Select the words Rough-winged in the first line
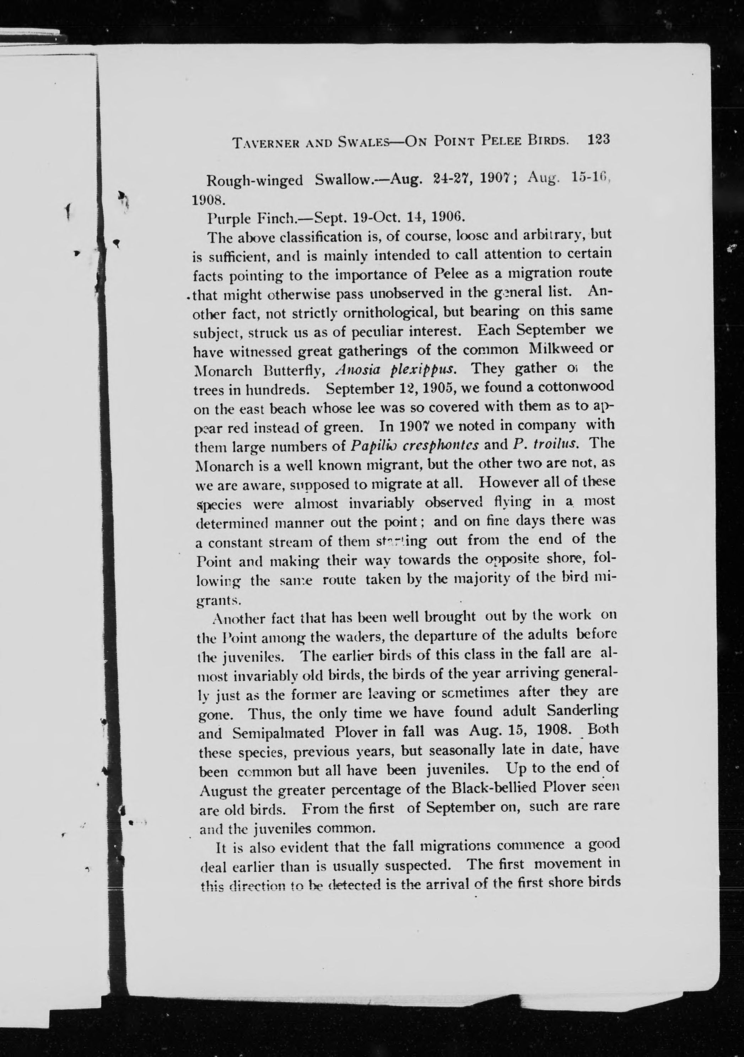pos(255,181)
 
